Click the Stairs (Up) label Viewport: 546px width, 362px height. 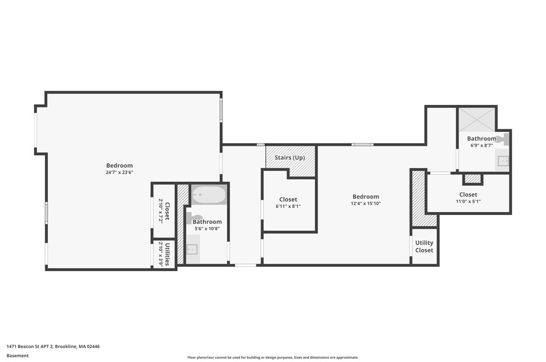coord(290,158)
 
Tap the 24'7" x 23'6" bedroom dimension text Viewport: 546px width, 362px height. coord(119,173)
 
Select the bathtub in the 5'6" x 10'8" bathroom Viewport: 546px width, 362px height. coord(209,195)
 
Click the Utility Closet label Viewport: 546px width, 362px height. coord(424,246)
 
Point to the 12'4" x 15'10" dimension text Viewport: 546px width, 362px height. coord(366,204)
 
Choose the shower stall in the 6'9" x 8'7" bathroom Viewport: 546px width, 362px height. coord(476,119)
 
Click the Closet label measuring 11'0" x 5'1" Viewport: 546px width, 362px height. coord(468,195)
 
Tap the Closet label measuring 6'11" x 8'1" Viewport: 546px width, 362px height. coord(288,200)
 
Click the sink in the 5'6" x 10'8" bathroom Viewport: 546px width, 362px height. coord(192,249)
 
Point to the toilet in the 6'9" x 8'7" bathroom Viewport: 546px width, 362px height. coord(502,140)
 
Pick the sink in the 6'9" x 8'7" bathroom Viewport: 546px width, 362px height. coord(503,160)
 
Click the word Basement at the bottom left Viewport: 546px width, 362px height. coord(17,356)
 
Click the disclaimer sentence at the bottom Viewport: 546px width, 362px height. coord(272,357)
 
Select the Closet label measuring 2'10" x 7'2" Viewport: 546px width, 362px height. coord(167,211)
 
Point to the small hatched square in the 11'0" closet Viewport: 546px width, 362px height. coord(472,179)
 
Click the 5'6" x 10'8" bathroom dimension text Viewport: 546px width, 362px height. coord(207,229)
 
